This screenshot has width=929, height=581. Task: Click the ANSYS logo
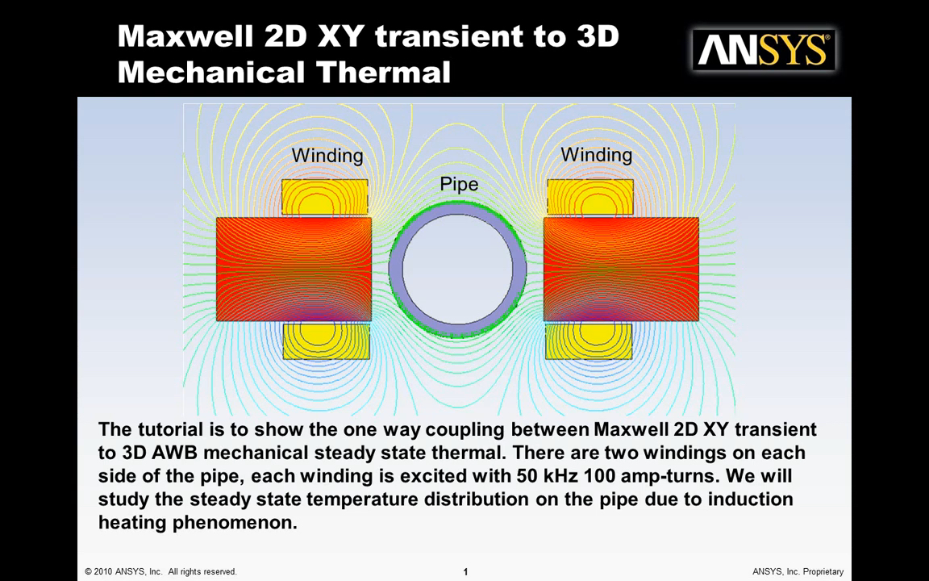click(764, 50)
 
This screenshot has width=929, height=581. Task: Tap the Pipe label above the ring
click(459, 184)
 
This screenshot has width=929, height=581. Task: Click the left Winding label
click(327, 155)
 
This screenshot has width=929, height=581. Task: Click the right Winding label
click(596, 155)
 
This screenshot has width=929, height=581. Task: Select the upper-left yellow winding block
click(325, 197)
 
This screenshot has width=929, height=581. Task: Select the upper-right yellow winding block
click(590, 197)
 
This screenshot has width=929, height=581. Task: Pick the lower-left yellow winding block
click(327, 341)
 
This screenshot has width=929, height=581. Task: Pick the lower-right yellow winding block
click(589, 341)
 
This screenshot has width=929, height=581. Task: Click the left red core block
click(294, 270)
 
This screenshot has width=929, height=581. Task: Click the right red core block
click(621, 270)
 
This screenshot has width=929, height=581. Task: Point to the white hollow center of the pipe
click(457, 270)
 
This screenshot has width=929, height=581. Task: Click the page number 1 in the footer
click(465, 571)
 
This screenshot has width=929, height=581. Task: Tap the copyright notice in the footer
click(160, 571)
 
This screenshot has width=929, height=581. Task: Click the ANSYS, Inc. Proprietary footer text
click(798, 571)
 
